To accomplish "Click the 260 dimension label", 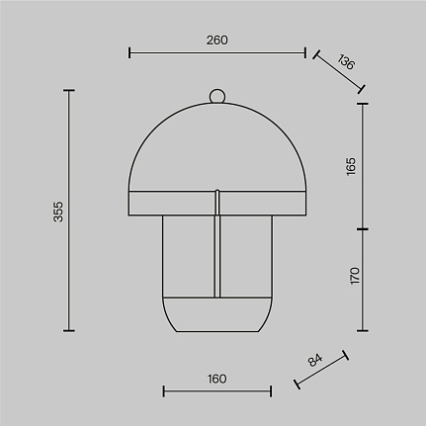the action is pyautogui.click(x=217, y=41).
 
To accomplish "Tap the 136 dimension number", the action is pyautogui.click(x=346, y=61).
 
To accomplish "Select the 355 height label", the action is pyautogui.click(x=58, y=212).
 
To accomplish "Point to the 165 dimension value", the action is pyautogui.click(x=351, y=167).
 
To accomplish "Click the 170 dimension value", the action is pyautogui.click(x=355, y=276).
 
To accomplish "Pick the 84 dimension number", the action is pyautogui.click(x=315, y=360).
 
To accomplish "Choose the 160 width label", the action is pyautogui.click(x=217, y=379).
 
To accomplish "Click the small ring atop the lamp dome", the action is pyautogui.click(x=217, y=96).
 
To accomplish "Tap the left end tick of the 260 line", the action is pyautogui.click(x=129, y=52).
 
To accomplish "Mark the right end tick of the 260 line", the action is pyautogui.click(x=305, y=52).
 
